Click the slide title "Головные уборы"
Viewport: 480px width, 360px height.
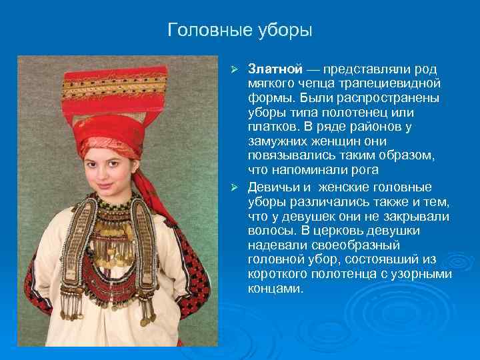(x=240, y=30)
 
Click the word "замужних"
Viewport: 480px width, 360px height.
(x=277, y=143)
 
